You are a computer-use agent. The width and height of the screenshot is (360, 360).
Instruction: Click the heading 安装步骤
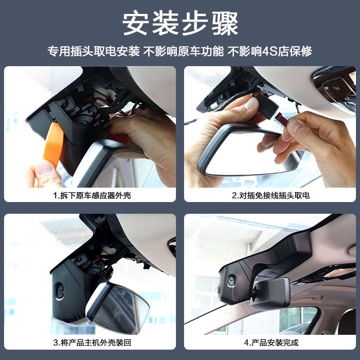click(x=180, y=23)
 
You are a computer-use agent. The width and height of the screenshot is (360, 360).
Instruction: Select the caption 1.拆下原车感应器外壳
click(x=92, y=195)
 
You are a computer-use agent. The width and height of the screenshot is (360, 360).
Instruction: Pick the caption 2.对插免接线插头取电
click(x=271, y=195)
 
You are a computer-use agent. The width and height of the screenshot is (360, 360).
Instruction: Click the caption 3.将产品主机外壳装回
click(x=92, y=342)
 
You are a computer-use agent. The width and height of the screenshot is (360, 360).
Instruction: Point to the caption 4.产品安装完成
click(x=271, y=342)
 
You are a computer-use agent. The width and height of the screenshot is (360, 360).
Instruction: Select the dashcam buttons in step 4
click(x=231, y=280)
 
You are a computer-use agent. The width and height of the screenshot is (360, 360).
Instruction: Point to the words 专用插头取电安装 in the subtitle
click(x=94, y=51)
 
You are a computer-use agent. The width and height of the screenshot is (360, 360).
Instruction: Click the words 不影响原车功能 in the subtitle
click(x=183, y=51)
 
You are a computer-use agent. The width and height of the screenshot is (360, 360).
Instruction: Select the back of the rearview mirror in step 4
click(x=270, y=294)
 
